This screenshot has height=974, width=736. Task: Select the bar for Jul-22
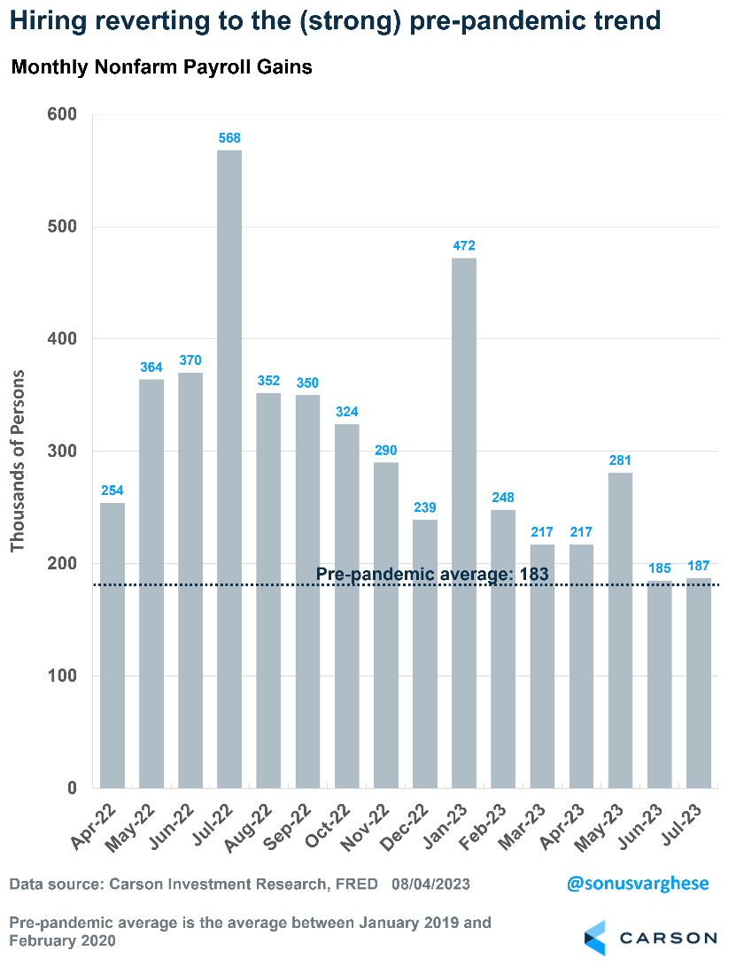[229, 469]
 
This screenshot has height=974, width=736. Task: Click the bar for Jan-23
[464, 522]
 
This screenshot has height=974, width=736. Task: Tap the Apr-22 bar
[112, 645]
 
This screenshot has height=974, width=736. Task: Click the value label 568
[229, 138]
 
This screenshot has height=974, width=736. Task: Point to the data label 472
[464, 246]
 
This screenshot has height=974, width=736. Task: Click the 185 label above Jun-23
[659, 568]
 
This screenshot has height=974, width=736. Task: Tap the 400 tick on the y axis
[61, 339]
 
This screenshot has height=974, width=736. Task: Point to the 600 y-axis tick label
[61, 114]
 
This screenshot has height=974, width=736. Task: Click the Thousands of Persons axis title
[18, 460]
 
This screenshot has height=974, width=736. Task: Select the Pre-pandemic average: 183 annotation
[433, 574]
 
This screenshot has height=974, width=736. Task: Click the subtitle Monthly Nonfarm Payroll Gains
[161, 67]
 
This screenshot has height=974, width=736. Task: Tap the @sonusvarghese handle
[637, 884]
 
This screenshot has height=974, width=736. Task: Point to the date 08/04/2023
[430, 884]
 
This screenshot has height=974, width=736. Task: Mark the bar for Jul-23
[698, 683]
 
